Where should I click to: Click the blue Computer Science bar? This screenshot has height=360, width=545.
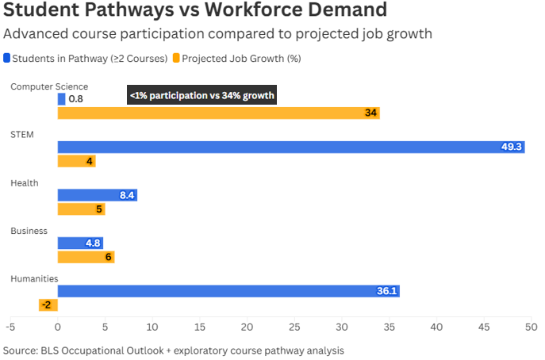pos(61,99)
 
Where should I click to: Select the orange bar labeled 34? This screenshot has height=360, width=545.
pos(218,113)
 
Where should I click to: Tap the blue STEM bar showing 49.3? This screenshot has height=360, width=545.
pos(290,147)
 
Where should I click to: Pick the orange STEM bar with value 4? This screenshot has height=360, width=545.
pos(76,162)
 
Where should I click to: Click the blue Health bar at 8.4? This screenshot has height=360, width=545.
pos(97,195)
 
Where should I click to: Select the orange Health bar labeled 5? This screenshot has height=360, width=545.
pos(81,209)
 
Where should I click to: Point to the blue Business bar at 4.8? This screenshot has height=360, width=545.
pos(80,243)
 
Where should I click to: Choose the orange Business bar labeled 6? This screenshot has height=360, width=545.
pos(86,257)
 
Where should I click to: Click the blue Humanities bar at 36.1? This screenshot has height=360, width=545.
pos(228,291)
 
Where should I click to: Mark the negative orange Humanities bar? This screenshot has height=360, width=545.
pos(48,305)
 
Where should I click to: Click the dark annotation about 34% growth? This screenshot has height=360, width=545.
pos(202,96)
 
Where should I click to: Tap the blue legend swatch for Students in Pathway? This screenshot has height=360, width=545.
pos(7,58)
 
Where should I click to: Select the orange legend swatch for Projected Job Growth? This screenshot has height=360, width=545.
pos(176,58)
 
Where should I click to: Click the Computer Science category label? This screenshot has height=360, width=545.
pos(48,86)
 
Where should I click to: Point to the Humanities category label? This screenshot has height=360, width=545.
pos(34,278)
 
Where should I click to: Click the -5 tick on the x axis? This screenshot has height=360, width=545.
pos(10,326)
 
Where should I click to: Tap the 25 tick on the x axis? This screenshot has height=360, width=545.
pos(294,326)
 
